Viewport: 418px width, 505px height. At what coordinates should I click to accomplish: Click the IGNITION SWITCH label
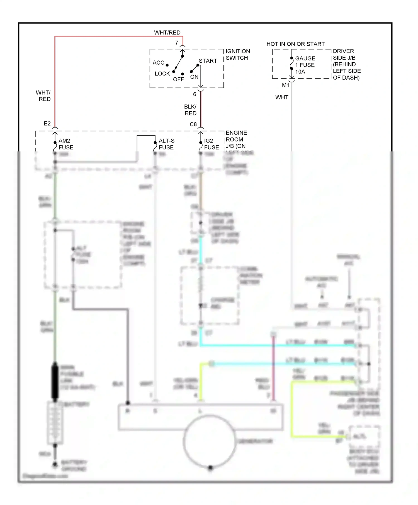coord(238,55)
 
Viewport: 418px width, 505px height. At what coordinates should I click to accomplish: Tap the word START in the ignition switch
coord(208,61)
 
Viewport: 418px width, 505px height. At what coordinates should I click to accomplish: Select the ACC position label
coord(158,63)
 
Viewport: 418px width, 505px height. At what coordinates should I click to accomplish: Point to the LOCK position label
coord(162,73)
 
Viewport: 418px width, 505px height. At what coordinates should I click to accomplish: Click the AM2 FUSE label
coord(66,144)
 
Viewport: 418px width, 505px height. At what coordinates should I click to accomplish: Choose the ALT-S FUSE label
coord(166,144)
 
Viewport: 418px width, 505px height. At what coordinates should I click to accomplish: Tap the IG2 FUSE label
coord(212,144)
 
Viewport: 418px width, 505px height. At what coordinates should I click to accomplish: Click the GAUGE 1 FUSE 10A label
coord(305,65)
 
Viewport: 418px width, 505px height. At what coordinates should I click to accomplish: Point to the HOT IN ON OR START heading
coord(295,44)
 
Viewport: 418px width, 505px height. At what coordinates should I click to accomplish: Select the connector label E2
coord(47,123)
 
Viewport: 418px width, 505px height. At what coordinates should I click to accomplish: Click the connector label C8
coord(193,124)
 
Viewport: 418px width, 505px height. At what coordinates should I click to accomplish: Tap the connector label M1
coord(286,85)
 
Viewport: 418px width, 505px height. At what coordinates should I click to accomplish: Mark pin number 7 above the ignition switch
coord(176,43)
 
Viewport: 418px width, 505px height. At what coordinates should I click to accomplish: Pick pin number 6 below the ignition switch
coord(195,94)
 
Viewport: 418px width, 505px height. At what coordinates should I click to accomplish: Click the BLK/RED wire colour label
coord(190,110)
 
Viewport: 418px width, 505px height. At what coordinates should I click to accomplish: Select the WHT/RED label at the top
coord(167,33)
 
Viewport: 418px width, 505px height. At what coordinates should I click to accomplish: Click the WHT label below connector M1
coord(282,97)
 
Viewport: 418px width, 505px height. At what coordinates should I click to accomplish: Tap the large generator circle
coord(209,441)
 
